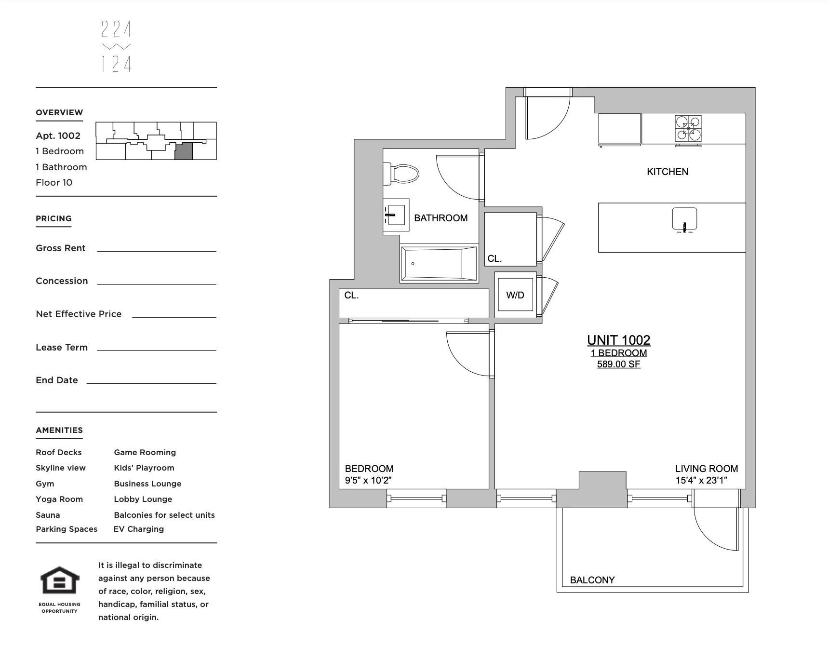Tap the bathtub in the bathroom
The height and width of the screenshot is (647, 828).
(x=438, y=264)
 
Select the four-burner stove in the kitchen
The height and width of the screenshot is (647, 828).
(x=688, y=128)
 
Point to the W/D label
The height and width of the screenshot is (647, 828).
(x=515, y=295)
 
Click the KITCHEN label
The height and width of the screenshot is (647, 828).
(x=668, y=172)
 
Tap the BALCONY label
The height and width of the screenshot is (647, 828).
(x=592, y=580)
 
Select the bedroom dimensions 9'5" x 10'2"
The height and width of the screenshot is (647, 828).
(x=368, y=480)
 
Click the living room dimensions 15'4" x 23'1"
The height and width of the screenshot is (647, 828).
(x=701, y=480)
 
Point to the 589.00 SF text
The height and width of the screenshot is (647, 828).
(x=618, y=364)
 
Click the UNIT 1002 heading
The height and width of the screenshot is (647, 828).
(x=618, y=340)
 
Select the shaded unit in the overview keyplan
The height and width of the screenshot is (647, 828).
(x=183, y=151)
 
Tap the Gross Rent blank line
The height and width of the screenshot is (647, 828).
(x=156, y=250)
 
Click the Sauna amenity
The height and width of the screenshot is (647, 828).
(x=48, y=515)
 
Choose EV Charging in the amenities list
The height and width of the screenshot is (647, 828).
(x=139, y=529)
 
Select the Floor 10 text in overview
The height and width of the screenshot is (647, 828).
(x=54, y=182)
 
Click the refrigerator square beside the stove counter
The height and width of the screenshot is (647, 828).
(x=619, y=128)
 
